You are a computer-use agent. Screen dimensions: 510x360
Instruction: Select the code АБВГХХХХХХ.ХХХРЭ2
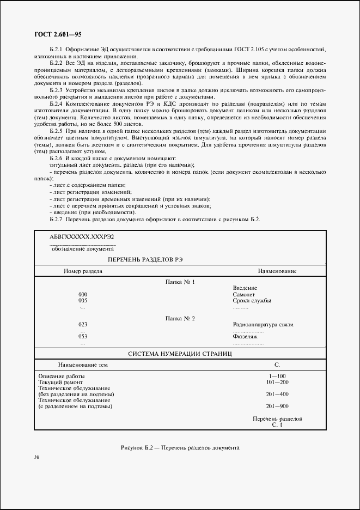pyautogui.click(x=82, y=237)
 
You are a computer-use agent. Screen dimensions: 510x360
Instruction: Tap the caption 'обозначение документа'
pyautogui.click(x=82, y=249)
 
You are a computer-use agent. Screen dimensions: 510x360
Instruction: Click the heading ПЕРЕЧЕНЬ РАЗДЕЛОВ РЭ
pyautogui.click(x=145, y=260)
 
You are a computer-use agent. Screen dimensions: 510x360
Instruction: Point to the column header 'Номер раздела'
pyautogui.click(x=83, y=271)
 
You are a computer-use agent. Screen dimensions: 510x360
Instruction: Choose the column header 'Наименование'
pyautogui.click(x=277, y=271)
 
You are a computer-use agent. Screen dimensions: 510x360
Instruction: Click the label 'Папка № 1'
pyautogui.click(x=180, y=282)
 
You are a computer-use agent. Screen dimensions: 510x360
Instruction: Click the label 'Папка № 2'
pyautogui.click(x=180, y=318)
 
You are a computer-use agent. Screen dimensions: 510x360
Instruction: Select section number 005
pyautogui.click(x=83, y=300)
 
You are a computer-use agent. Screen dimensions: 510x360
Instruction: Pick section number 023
pyautogui.click(x=83, y=324)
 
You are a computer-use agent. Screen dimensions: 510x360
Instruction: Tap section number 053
pyautogui.click(x=83, y=337)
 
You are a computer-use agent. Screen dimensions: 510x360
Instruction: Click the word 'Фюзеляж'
pyautogui.click(x=245, y=337)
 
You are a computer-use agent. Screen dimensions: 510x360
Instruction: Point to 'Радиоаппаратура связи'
pyautogui.click(x=263, y=324)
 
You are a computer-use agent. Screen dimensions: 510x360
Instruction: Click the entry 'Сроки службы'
pyautogui.click(x=252, y=300)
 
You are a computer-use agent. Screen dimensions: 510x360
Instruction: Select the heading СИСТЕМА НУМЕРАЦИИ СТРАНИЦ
pyautogui.click(x=180, y=354)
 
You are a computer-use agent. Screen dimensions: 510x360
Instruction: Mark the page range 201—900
pyautogui.click(x=277, y=406)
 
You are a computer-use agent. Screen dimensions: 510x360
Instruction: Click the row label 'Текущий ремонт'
pyautogui.click(x=60, y=382)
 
